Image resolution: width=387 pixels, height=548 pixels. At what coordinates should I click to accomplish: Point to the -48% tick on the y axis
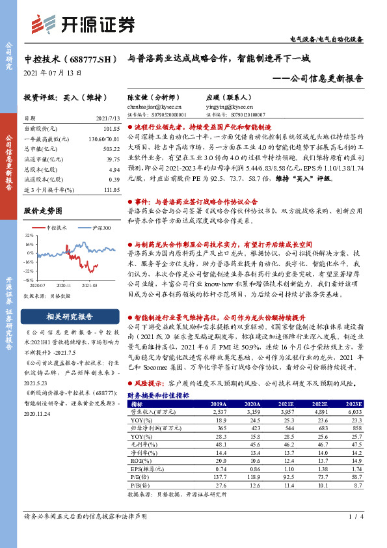pos(29,279)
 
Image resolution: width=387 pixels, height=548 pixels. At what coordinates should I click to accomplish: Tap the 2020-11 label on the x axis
pos(64,284)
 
